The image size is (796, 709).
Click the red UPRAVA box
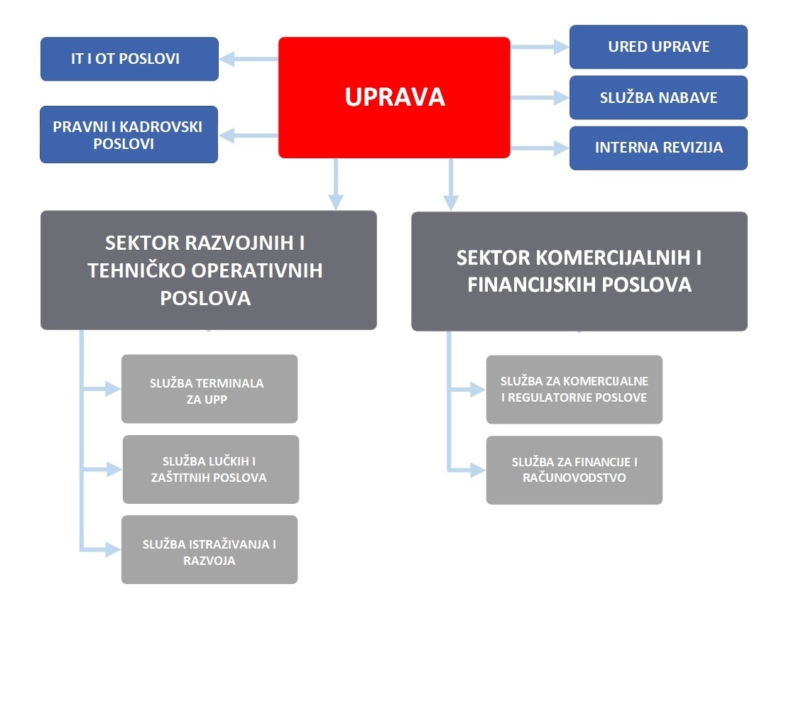point(394,97)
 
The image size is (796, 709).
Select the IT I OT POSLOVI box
point(129,59)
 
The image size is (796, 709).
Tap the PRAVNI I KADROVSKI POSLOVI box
point(129,135)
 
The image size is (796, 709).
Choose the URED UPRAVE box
point(658,47)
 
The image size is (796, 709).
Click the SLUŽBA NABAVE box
point(658,97)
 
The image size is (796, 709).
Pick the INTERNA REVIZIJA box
point(658,148)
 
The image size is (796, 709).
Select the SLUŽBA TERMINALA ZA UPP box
point(209,389)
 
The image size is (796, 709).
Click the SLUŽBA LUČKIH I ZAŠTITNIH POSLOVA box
point(211,469)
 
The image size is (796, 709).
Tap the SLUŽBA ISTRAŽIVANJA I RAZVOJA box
point(209,549)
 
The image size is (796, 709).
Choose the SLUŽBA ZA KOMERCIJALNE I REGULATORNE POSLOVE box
point(574,389)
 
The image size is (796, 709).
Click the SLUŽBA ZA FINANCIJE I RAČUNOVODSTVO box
point(574,470)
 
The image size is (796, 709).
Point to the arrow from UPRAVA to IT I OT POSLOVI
point(249,59)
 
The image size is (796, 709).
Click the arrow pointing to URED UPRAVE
point(540,47)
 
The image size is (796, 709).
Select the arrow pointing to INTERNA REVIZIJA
point(540,148)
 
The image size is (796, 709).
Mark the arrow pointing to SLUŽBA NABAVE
point(540,97)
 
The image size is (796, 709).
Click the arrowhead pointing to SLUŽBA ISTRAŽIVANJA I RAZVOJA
point(113,549)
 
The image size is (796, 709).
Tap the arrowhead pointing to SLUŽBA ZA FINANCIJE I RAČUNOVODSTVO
point(478,471)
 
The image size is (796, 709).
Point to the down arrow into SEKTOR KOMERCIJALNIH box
point(451,185)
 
